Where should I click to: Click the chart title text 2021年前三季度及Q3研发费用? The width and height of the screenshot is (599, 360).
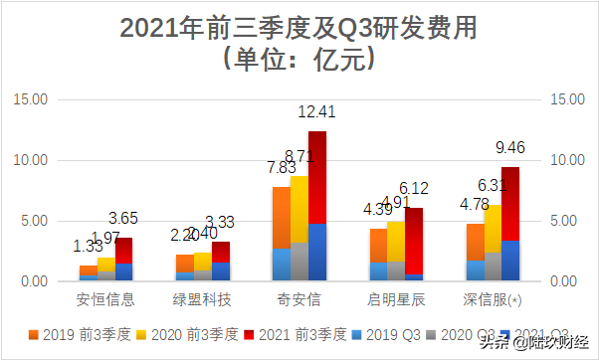299,27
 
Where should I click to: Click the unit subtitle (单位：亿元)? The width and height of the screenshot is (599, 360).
299,60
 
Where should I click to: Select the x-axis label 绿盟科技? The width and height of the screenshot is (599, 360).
203,298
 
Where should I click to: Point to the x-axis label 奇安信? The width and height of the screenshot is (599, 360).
299,298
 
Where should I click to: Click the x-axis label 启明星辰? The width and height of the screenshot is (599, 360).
395,298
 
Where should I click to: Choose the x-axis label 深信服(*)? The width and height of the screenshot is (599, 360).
492,298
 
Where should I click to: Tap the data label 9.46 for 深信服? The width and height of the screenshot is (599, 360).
512,148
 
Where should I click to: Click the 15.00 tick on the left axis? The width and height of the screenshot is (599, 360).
31,99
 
